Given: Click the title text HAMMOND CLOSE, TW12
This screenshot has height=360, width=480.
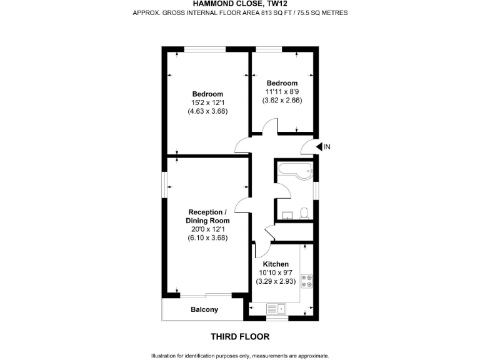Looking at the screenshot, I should pyautogui.click(x=240, y=3).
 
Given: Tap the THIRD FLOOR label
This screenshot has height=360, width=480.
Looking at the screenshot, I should pyautogui.click(x=240, y=336).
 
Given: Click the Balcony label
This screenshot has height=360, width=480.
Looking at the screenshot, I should pyautogui.click(x=204, y=309).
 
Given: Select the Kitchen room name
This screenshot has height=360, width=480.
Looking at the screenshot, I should pyautogui.click(x=275, y=264).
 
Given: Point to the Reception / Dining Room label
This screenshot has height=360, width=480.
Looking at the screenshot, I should pyautogui.click(x=207, y=217).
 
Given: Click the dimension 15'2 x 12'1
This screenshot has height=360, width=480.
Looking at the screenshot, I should pyautogui.click(x=207, y=102).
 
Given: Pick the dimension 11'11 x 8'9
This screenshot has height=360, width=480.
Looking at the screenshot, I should pyautogui.click(x=282, y=91).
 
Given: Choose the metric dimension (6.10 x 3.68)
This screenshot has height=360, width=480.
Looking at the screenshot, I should pyautogui.click(x=207, y=237).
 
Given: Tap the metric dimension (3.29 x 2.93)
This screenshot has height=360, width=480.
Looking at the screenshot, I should pyautogui.click(x=275, y=281).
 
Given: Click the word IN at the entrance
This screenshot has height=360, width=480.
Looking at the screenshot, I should pyautogui.click(x=327, y=147).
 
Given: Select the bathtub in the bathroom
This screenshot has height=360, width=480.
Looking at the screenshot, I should pyautogui.click(x=294, y=170).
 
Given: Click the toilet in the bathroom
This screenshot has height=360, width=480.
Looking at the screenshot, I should pyautogui.click(x=303, y=213).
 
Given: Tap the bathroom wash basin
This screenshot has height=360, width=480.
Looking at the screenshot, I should pyautogui.click(x=286, y=215).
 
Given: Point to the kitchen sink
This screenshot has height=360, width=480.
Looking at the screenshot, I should pyautogui.click(x=275, y=307).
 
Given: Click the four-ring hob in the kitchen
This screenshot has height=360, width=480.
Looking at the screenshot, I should pyautogui.click(x=307, y=281).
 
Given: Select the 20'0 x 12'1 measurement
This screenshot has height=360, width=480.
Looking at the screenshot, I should pyautogui.click(x=207, y=229).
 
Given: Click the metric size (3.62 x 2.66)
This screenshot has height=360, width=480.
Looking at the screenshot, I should pyautogui.click(x=282, y=99).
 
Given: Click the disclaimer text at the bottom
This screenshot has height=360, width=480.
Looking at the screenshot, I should pyautogui.click(x=240, y=355).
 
